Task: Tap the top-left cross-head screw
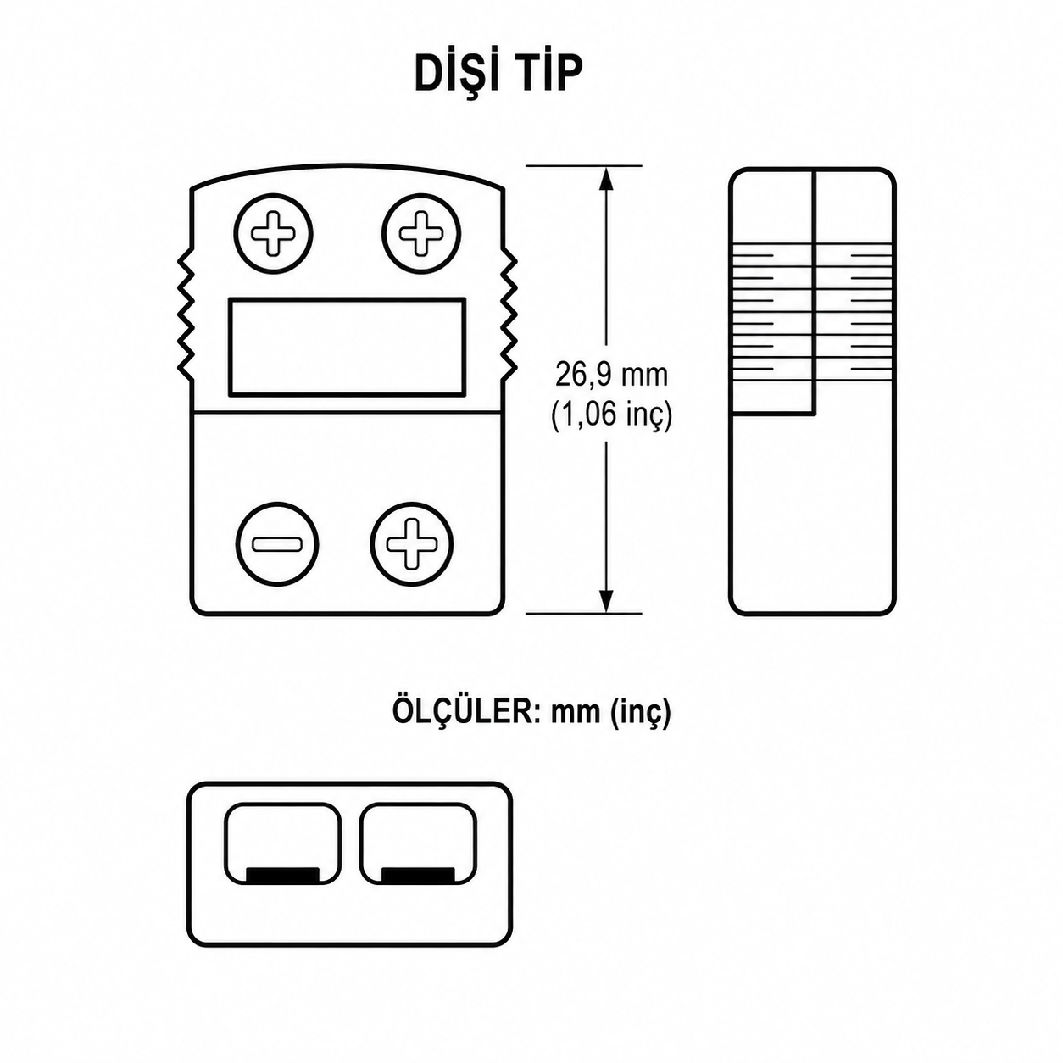(x=273, y=233)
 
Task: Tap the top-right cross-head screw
(x=421, y=233)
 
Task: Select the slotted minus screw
(x=277, y=544)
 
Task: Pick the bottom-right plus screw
(x=411, y=544)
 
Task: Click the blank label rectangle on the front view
(x=347, y=347)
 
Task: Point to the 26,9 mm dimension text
(x=611, y=376)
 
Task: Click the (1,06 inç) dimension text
(x=611, y=415)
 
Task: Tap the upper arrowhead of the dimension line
(x=606, y=178)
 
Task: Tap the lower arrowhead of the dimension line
(x=606, y=601)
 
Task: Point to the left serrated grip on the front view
(x=185, y=317)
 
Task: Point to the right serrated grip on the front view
(x=510, y=317)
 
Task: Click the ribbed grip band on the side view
(x=812, y=312)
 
